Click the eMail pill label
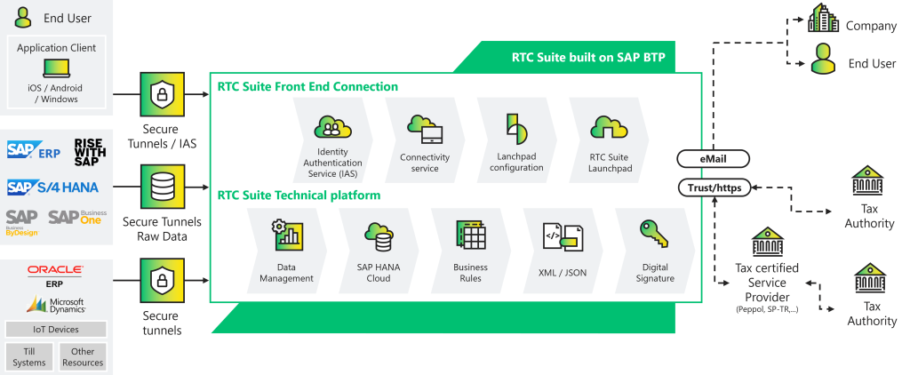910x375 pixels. [713, 160]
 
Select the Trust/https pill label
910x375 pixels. [713, 187]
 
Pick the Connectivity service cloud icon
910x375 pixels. [425, 131]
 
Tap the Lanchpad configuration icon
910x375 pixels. [515, 130]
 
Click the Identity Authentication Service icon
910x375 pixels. [332, 130]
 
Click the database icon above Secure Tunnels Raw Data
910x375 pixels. [162, 187]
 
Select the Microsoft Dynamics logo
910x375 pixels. [55, 304]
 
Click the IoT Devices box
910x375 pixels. [55, 330]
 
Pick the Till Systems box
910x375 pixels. [29, 357]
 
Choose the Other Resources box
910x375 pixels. [83, 357]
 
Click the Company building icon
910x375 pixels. [823, 19]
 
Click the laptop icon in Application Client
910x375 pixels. [56, 68]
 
